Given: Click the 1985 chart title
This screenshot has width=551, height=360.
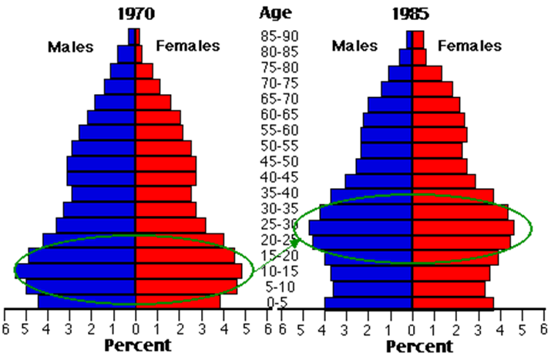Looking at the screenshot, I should point(411,13).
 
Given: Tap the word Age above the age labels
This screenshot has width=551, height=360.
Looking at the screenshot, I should point(275,12).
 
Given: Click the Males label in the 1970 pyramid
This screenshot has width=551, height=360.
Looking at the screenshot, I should point(70,46).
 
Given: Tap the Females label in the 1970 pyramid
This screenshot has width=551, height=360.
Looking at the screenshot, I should point(187,46).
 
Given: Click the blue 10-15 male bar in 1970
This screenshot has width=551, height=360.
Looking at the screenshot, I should point(77,271).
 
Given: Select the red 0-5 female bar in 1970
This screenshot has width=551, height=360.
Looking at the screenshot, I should point(178,301).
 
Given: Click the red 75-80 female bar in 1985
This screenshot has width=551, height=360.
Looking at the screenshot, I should point(427,72).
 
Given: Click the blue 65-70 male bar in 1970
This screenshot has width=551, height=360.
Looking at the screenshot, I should point(116,102).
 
